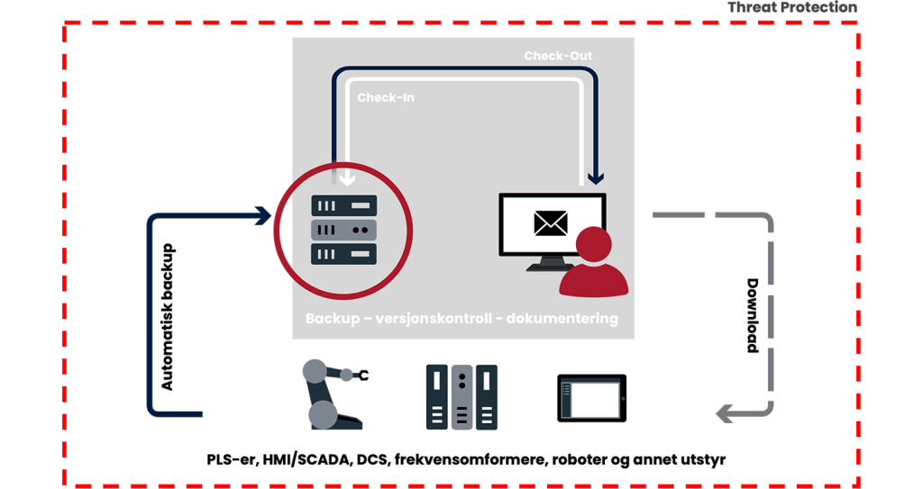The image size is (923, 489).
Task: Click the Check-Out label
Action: (x=558, y=56)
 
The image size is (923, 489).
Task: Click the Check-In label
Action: (x=386, y=97)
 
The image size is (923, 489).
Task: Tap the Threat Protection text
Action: (x=791, y=7)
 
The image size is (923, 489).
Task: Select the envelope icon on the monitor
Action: (x=550, y=222)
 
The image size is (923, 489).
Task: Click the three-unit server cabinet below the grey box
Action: (x=461, y=396)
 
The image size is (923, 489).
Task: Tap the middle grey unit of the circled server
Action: (x=343, y=230)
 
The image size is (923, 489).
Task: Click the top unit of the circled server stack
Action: (x=343, y=206)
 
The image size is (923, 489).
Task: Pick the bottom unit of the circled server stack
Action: (x=343, y=254)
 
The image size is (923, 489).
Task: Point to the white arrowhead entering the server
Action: (x=344, y=183)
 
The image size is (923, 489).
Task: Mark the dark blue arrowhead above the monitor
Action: (x=595, y=178)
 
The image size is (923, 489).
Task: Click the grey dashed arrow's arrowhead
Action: (x=722, y=414)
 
